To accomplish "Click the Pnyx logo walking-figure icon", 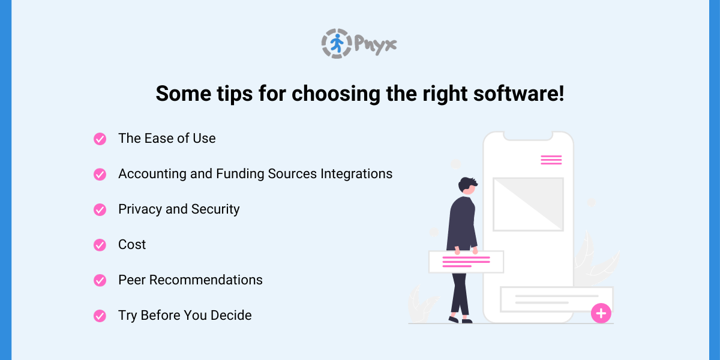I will [335, 43].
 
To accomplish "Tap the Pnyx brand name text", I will [375, 44].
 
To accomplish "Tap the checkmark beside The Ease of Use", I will [100, 139].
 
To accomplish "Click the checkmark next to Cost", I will [100, 245].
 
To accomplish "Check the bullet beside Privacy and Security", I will [100, 209].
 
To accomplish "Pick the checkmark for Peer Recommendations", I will [100, 280].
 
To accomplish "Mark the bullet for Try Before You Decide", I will [100, 316].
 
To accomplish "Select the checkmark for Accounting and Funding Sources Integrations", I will [100, 174].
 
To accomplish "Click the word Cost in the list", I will [132, 245].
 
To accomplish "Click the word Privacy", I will [140, 209].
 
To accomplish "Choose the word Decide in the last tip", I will [231, 316].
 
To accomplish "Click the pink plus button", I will [601, 313].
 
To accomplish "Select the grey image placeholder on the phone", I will [528, 204].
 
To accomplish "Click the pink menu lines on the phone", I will [551, 160].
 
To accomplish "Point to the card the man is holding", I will [466, 262].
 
